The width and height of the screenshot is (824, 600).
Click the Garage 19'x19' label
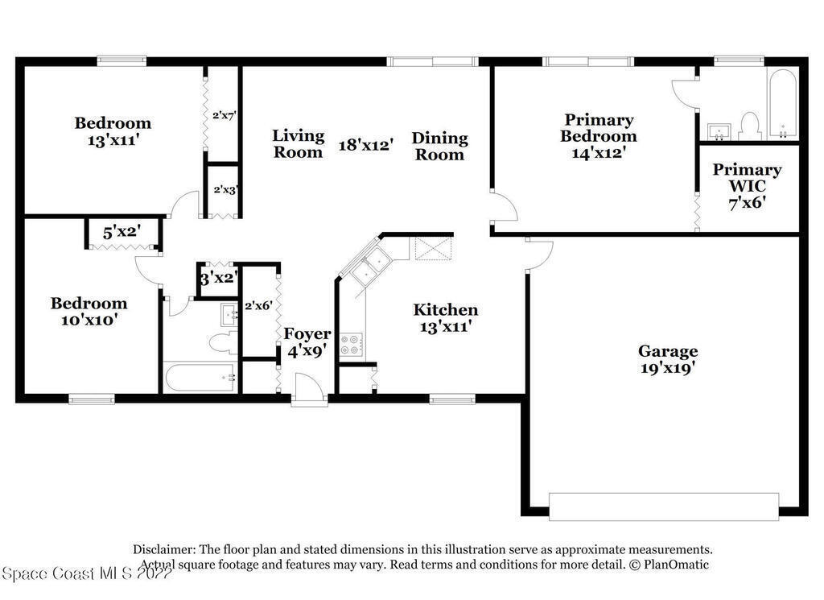tap(668, 359)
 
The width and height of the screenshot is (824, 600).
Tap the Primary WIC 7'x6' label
tap(747, 186)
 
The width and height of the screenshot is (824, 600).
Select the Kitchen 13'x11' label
tap(445, 318)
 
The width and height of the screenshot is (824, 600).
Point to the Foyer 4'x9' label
tap(307, 342)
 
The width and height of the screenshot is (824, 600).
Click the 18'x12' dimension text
tap(366, 145)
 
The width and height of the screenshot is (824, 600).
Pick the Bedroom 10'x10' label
tap(89, 311)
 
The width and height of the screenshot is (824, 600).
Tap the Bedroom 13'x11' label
tap(113, 131)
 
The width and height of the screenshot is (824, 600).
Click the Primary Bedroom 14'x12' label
tap(598, 136)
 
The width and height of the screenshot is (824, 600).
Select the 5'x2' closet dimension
tap(122, 232)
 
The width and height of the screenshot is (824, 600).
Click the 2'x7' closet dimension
tap(224, 115)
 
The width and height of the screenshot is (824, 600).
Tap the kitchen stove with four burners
tap(350, 345)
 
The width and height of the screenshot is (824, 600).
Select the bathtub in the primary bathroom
tap(782, 104)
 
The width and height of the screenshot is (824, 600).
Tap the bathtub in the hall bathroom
tap(200, 377)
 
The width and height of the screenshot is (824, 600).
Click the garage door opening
tap(664, 507)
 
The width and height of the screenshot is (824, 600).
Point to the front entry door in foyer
tap(310, 390)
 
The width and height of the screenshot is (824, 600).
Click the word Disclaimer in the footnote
tap(164, 549)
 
